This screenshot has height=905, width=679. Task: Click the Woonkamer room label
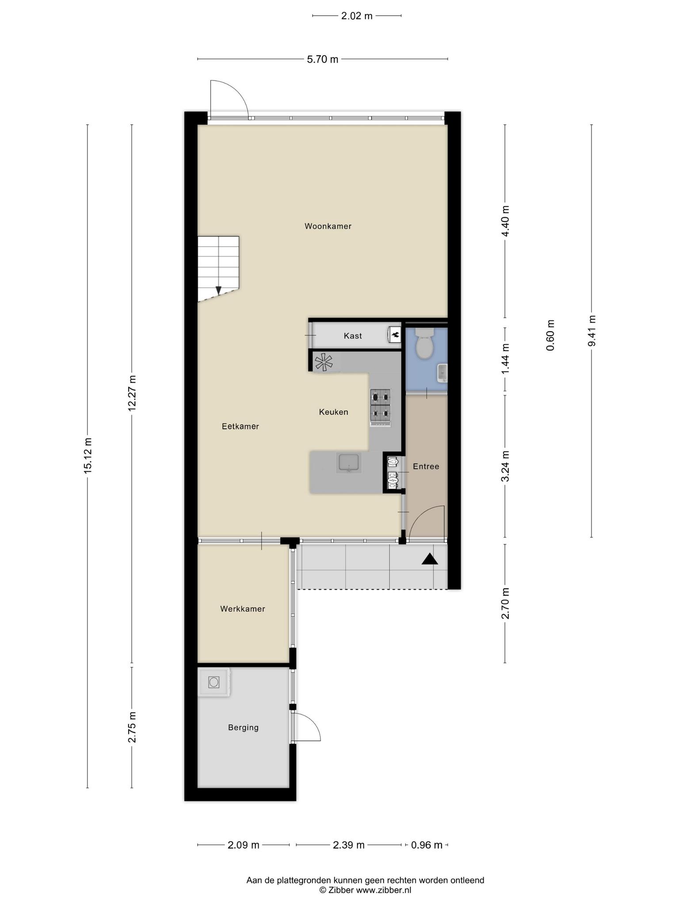(x=328, y=226)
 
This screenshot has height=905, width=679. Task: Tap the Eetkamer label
(x=240, y=426)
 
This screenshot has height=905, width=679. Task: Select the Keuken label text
(x=334, y=412)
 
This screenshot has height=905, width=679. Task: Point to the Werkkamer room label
(x=243, y=609)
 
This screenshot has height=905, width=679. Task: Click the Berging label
(x=243, y=727)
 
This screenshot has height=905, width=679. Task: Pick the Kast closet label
(x=353, y=336)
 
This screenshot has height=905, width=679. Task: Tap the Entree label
(x=426, y=466)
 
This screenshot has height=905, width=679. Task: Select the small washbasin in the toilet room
(x=442, y=373)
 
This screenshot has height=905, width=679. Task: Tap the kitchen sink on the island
(x=349, y=462)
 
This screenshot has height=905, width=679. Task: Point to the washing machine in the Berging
(x=214, y=682)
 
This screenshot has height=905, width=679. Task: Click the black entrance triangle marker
(x=430, y=559)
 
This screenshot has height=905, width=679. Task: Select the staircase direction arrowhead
(x=218, y=290)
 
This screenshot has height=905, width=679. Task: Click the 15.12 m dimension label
(x=88, y=456)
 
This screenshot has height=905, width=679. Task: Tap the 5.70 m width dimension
(x=323, y=59)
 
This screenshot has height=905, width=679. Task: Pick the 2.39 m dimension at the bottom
(x=349, y=845)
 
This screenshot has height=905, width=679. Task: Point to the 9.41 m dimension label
(x=591, y=331)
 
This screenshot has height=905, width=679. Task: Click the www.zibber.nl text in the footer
(x=384, y=890)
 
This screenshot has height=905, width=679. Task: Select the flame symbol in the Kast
(x=395, y=335)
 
